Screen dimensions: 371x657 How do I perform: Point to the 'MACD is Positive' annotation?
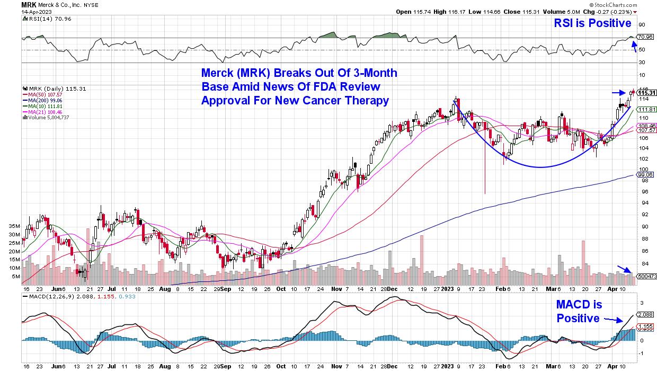pos(579,311)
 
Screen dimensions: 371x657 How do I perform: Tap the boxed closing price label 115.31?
pos(644,93)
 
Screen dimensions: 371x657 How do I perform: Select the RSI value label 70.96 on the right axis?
pos(645,37)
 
